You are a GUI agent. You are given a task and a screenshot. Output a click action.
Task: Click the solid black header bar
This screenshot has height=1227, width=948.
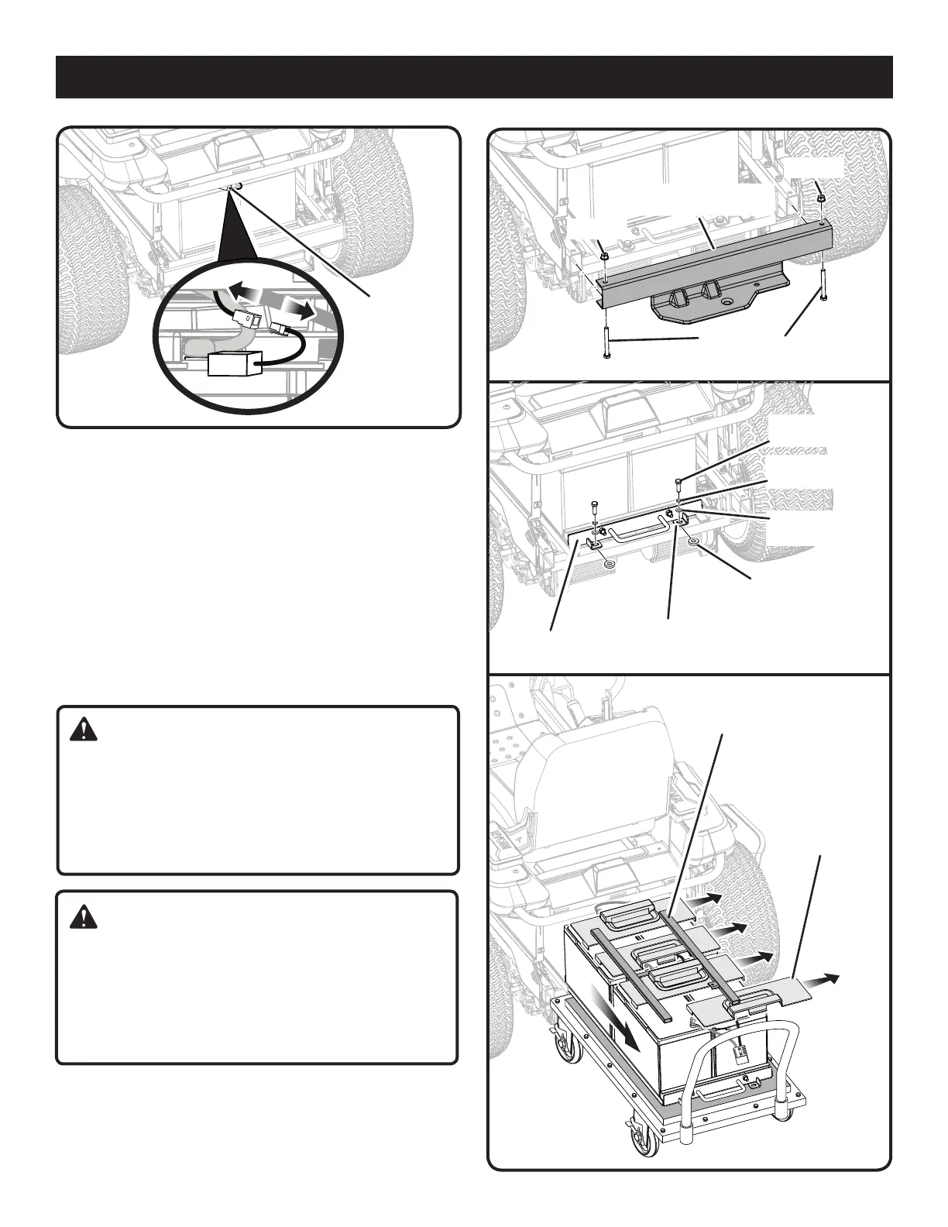pyautogui.click(x=474, y=77)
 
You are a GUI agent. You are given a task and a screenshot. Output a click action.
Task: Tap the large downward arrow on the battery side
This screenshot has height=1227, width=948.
pyautogui.click(x=618, y=1016)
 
